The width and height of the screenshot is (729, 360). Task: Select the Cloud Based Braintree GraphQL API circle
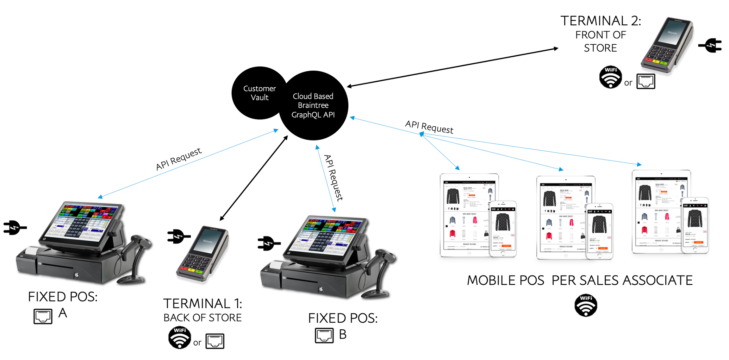tap(313, 105)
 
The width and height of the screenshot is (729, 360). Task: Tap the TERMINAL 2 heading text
tap(601, 21)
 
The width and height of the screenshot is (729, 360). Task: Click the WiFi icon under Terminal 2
tap(610, 77)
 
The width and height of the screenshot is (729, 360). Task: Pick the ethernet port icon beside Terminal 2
tap(645, 82)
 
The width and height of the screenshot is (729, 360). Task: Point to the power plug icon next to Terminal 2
tap(710, 46)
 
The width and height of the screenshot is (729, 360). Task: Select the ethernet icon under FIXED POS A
tap(43, 316)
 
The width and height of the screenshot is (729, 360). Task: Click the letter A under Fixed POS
tap(63, 313)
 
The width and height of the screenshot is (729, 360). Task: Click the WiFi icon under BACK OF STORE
tap(179, 338)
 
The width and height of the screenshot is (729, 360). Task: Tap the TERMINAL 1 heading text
tap(202, 304)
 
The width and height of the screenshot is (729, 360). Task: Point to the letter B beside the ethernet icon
tap(343, 334)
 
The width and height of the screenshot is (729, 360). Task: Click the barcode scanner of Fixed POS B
tap(380, 272)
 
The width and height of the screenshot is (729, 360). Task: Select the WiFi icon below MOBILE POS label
tap(586, 305)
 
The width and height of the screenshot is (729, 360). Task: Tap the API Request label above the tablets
tap(429, 127)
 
